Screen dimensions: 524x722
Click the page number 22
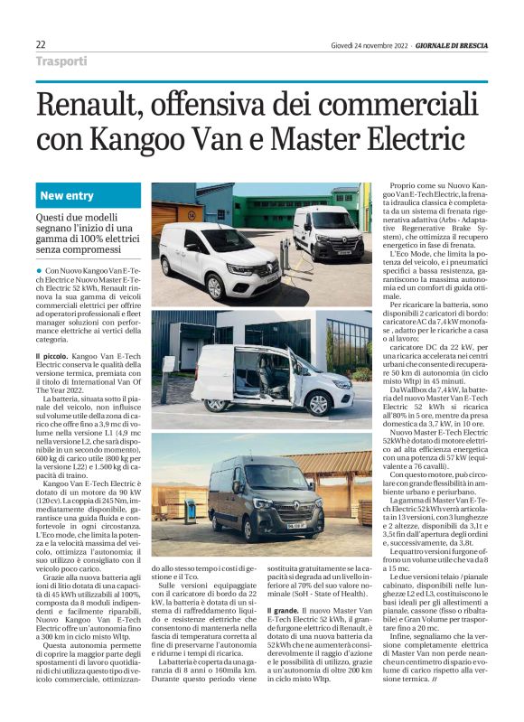(x=42, y=44)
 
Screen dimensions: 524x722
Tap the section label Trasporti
(x=62, y=61)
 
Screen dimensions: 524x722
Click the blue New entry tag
(x=67, y=196)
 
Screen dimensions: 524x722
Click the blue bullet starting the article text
(x=41, y=271)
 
